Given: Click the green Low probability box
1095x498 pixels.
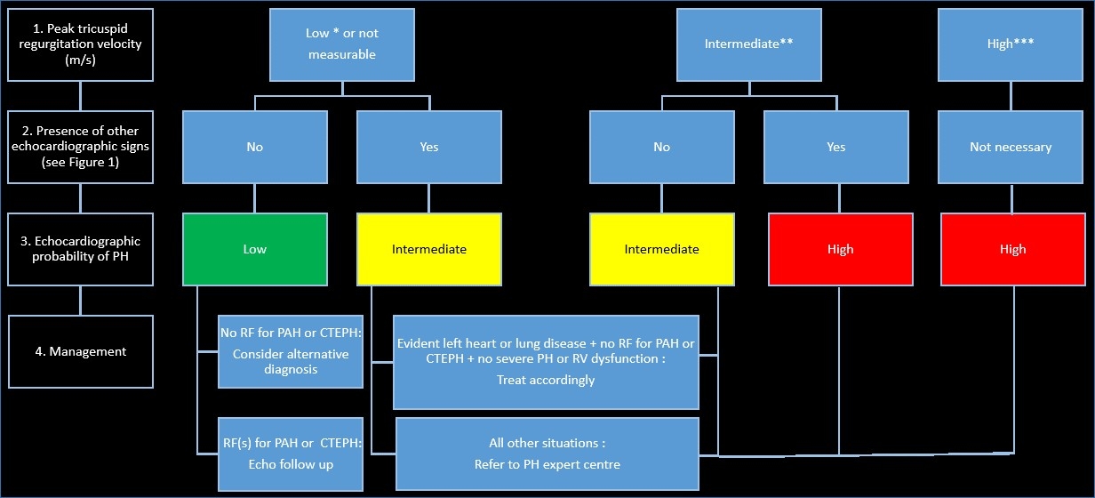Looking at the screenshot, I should click(x=254, y=249).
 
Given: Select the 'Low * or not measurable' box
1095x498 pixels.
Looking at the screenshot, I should click(x=342, y=44).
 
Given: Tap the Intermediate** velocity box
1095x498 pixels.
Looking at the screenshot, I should click(x=748, y=44).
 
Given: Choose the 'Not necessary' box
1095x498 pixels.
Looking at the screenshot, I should click(x=1011, y=147).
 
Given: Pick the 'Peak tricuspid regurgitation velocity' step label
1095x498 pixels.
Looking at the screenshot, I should click(x=80, y=44).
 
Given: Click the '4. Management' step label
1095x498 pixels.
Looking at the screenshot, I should click(x=80, y=351).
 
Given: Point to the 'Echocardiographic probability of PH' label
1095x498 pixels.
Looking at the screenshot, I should click(x=80, y=249).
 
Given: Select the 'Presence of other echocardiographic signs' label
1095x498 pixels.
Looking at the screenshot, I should click(x=80, y=147).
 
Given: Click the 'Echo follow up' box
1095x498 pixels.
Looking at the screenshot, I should click(x=290, y=454).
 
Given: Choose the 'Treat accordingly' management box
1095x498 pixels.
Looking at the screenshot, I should click(x=546, y=362).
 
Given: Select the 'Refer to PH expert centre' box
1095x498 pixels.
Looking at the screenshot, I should click(x=547, y=454).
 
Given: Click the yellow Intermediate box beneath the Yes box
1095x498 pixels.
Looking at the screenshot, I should click(x=428, y=249).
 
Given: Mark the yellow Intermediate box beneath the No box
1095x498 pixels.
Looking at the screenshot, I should click(x=661, y=249).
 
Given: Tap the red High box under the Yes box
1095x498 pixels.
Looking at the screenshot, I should click(x=839, y=249).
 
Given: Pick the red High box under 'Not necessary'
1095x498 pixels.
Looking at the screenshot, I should click(x=1011, y=249).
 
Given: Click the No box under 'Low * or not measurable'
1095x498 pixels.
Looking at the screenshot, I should click(x=254, y=147).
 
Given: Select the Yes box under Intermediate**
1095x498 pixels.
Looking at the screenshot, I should click(x=835, y=147).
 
